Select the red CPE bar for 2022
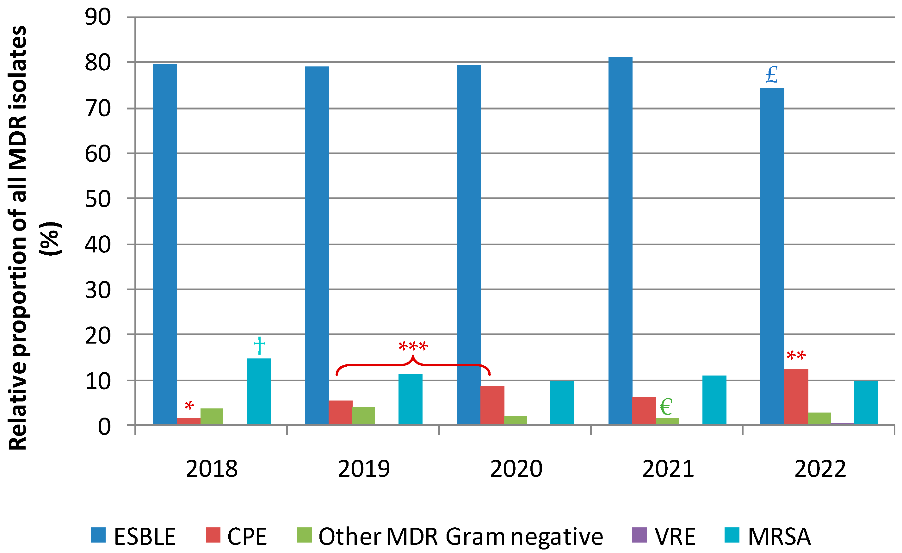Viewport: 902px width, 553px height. coord(796,397)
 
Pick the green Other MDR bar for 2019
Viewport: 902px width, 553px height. coord(363,416)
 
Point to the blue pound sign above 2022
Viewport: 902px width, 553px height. coord(772,75)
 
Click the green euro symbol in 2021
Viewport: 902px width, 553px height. coord(666,407)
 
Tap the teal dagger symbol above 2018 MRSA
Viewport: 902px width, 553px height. coord(259,345)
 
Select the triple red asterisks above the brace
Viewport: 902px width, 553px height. coord(413,346)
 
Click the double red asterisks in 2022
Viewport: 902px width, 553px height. coord(796,356)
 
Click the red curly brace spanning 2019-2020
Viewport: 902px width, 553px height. coord(413,365)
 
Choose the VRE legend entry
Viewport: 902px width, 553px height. coord(663,537)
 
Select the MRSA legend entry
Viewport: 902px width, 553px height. coord(768,537)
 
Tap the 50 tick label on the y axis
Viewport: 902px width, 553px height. coord(97,199)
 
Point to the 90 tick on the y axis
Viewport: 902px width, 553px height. coord(97,17)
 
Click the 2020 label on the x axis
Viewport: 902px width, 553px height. coord(516,469)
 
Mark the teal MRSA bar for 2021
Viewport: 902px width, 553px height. coord(714,400)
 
